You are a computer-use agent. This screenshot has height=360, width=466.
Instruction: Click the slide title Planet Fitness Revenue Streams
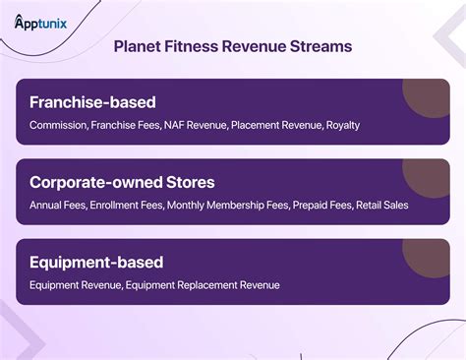coord(233,46)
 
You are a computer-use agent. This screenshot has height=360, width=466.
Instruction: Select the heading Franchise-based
coord(92,102)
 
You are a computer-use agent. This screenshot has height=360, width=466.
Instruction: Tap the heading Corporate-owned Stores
coord(122,182)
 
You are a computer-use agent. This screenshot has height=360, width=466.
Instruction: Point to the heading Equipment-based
coord(96,263)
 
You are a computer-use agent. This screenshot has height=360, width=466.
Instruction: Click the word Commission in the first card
coord(58,126)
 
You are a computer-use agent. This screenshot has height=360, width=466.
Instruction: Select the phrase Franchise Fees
coord(127,126)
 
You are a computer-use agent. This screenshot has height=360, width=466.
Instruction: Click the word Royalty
coord(343,126)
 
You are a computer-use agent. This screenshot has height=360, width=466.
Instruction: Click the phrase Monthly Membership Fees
coord(227,206)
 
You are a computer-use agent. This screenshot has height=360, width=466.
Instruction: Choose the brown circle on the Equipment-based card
coord(431,257)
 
